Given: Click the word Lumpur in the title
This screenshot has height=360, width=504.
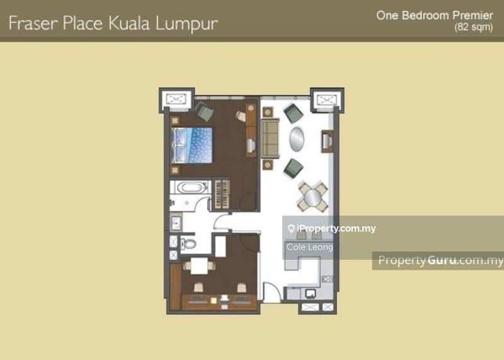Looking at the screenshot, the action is (x=187, y=24).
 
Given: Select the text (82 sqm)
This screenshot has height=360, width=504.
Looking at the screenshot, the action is (x=474, y=26).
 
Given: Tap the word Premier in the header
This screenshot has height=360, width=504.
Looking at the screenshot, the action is (x=473, y=15).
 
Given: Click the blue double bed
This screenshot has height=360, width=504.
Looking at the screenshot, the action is (x=192, y=146).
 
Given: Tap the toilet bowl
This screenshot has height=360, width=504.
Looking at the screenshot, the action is (x=188, y=243).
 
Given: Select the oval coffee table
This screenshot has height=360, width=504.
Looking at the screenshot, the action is (x=296, y=139).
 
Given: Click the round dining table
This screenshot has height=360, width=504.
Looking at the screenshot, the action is (x=312, y=197).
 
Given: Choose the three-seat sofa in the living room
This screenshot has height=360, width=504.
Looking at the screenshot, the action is (x=270, y=138).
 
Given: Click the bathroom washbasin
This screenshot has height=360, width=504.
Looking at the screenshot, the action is (x=176, y=223).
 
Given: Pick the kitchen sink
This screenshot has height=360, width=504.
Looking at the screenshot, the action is (x=310, y=293).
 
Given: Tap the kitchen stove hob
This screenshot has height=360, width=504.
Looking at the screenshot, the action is (x=327, y=279).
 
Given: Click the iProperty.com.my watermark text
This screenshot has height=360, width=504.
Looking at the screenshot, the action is (x=336, y=228).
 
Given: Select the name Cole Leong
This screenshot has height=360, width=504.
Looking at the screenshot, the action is (x=309, y=247).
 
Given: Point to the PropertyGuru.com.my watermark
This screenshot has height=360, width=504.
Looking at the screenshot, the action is (x=440, y=260).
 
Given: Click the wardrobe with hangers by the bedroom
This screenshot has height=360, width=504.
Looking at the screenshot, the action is (x=222, y=194).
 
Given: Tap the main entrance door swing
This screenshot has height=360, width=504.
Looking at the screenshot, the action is (x=272, y=292).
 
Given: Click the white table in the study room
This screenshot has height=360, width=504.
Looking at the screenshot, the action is (x=199, y=266).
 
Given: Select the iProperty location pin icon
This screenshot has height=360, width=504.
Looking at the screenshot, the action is (x=291, y=229).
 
